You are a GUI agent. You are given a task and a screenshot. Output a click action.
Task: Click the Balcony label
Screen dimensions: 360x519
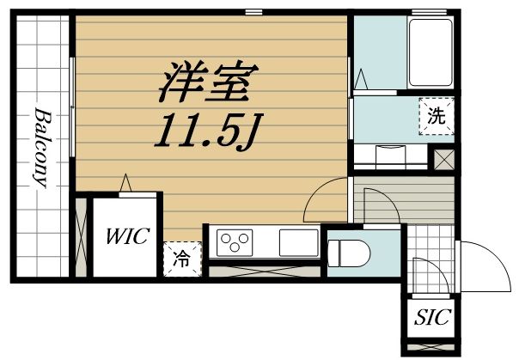point(41,148)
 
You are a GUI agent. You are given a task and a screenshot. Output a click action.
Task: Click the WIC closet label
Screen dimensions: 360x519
point(127,235)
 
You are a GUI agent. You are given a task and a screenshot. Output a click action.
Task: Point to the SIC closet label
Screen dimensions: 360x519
point(432,318)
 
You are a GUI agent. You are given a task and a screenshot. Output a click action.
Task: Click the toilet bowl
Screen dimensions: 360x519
point(351,251)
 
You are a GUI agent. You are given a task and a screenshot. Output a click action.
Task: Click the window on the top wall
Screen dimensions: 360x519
point(253,12)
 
